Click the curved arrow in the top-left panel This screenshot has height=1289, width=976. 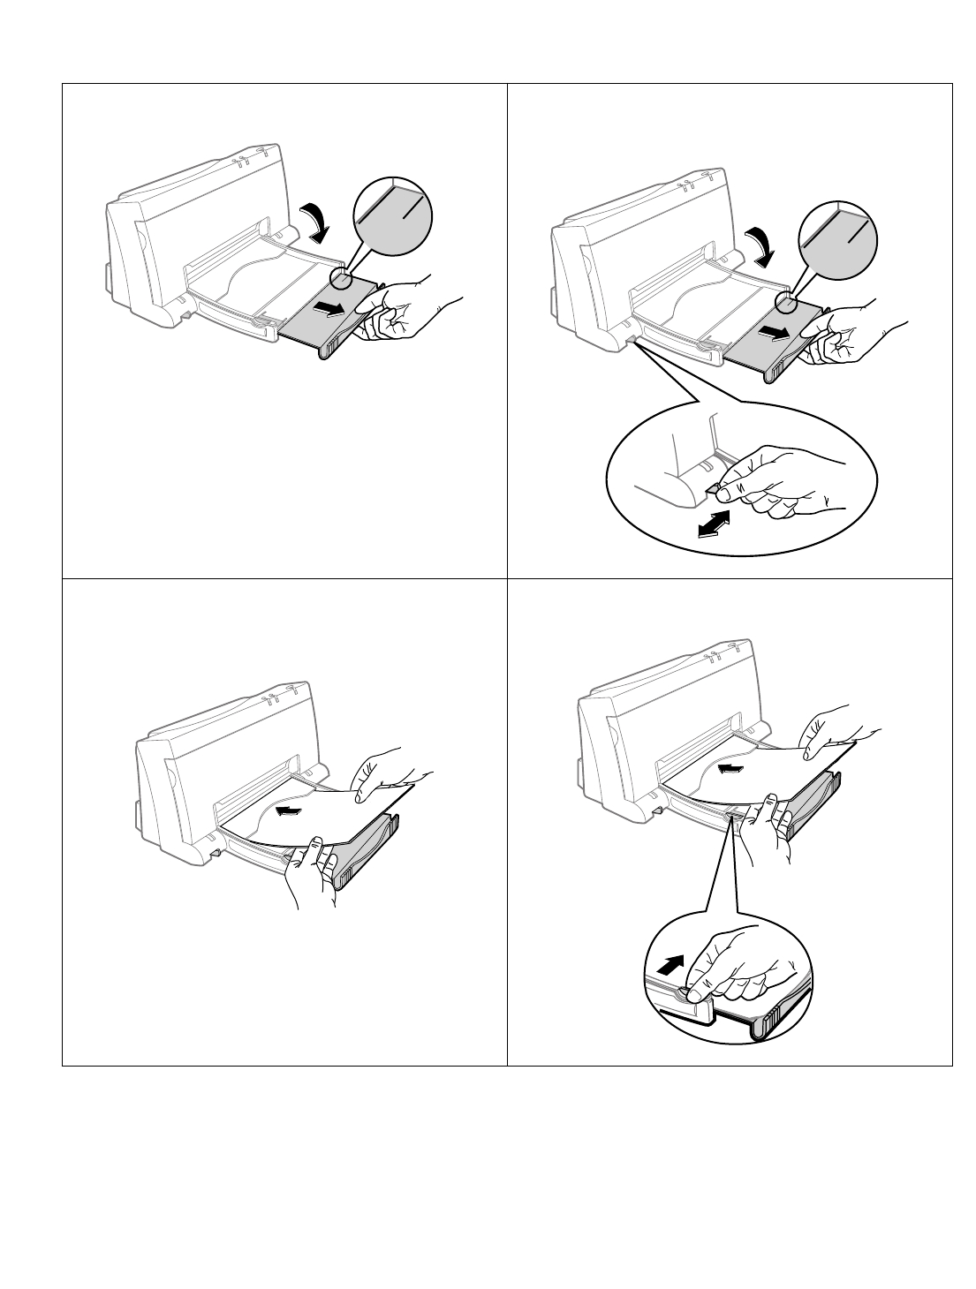click(x=315, y=222)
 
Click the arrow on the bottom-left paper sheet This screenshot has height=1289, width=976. click(x=292, y=810)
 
